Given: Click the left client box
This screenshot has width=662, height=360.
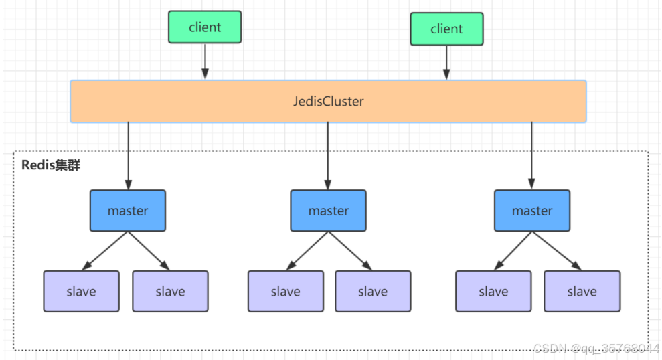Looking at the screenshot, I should point(204,27).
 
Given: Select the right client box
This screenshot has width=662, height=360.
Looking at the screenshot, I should point(446,29).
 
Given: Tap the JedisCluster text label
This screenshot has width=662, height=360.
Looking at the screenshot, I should point(328,102).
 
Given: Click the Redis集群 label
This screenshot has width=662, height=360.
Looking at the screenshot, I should point(51,165).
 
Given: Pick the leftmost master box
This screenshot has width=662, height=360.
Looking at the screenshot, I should point(128,211).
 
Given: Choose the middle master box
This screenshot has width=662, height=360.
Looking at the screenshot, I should point(328,211).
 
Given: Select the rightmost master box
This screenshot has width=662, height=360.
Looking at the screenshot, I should point(532,211).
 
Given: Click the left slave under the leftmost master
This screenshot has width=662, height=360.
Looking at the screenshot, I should point(81,291).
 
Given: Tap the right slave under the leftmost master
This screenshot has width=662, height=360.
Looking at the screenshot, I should point(170,291).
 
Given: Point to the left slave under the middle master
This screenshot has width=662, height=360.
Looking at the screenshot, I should point(285,291).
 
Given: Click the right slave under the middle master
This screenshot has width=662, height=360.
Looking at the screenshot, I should point(373,291).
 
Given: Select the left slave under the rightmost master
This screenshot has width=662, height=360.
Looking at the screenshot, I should point(493,291).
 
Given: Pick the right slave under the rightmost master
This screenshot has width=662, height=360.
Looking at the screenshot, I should point(582,291).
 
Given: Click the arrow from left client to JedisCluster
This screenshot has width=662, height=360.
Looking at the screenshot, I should point(205,62).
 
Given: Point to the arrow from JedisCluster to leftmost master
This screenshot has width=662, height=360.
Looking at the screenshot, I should point(128,156).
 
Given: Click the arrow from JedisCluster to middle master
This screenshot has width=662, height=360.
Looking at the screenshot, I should point(328,156).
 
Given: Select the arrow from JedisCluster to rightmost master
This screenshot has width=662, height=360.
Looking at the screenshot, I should point(532,156).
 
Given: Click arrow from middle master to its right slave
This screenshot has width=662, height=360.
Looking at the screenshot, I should point(350,251).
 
